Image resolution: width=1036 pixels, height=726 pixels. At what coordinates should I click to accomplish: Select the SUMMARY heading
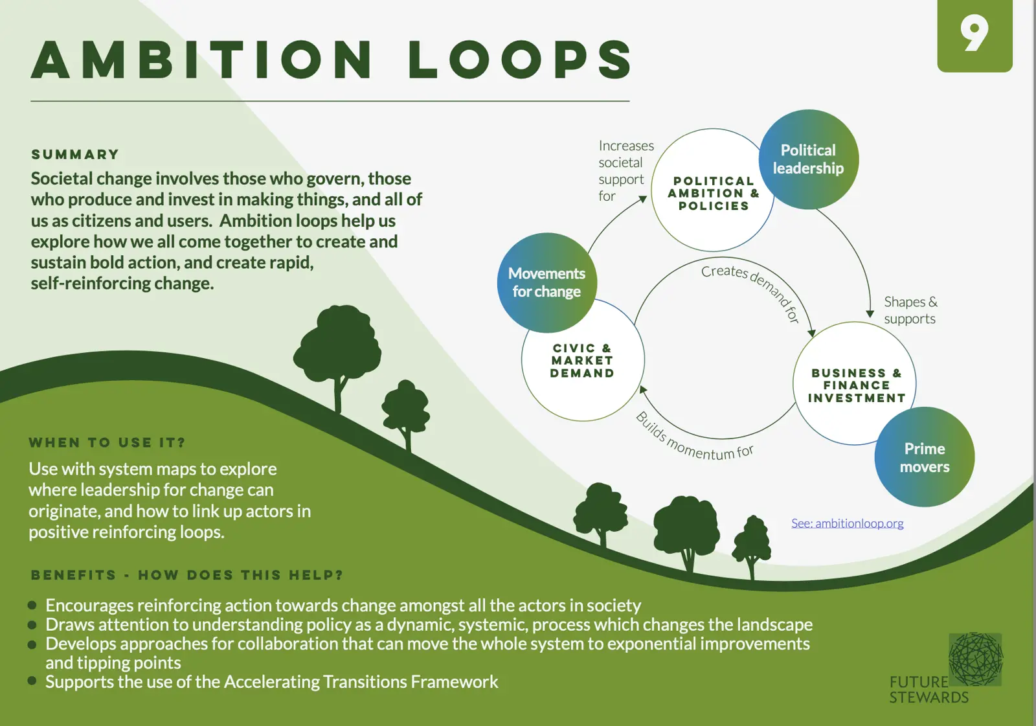pos(75,155)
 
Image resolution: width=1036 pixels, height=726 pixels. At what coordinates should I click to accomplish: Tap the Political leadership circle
pos(809,159)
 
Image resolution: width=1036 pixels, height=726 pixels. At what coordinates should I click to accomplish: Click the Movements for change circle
pos(546,283)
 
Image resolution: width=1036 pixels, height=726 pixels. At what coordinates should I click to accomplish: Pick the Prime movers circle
pos(924,457)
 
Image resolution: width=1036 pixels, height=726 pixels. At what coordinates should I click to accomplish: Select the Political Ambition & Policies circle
pos(712,193)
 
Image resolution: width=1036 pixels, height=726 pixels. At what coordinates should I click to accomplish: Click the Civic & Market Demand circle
pos(582,361)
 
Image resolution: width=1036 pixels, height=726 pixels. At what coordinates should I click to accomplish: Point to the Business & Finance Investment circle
pos(855,385)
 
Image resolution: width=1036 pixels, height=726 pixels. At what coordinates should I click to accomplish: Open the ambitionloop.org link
pos(847,523)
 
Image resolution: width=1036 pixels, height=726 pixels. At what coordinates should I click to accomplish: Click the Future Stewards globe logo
pos(975,659)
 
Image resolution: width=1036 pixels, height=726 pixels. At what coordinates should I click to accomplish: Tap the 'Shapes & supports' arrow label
pos(910,310)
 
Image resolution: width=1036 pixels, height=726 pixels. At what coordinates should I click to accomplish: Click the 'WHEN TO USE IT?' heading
pos(107,443)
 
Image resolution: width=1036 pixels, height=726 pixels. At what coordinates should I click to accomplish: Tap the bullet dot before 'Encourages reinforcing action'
pos(32,606)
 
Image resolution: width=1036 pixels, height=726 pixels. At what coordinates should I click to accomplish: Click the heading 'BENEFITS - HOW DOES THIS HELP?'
pos(186,575)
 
